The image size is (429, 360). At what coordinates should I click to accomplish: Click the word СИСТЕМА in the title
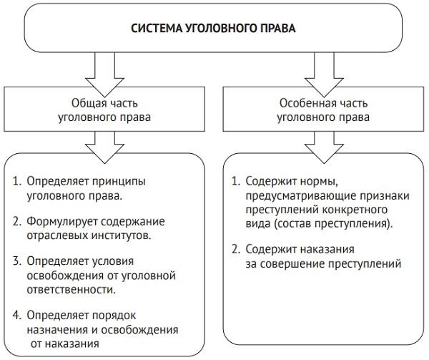pos(155,29)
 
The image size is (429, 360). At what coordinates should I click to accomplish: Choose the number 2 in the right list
pos(237,248)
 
